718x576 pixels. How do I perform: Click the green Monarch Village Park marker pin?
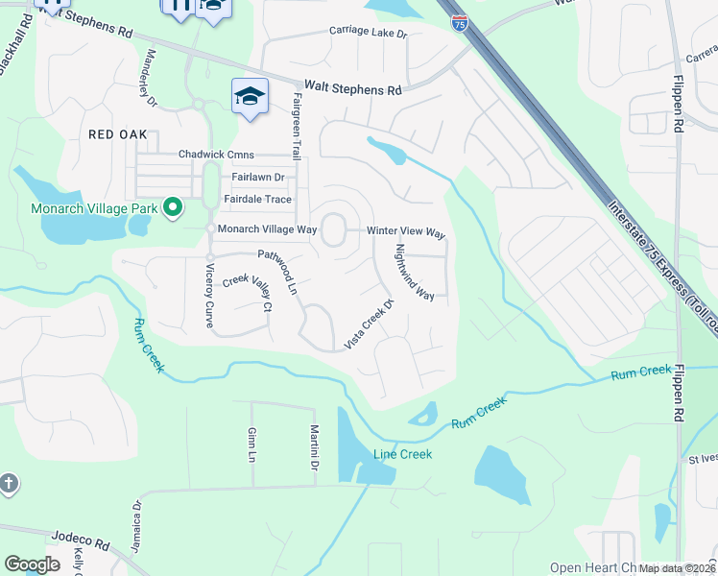point(173,206)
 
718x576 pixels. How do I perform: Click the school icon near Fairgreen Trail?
point(250,97)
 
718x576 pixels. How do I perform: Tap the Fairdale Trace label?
point(257,200)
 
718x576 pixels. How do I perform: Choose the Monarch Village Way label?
point(267,229)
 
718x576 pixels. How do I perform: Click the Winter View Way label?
point(407,232)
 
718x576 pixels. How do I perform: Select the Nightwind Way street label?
point(415,272)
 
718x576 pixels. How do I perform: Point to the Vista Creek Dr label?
point(370,324)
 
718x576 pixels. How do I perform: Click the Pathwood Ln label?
point(278,272)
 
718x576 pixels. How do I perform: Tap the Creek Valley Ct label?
point(249,292)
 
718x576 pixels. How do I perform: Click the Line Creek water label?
point(402,454)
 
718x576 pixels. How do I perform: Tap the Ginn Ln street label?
point(252,443)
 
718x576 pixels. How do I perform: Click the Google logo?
point(32,564)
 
